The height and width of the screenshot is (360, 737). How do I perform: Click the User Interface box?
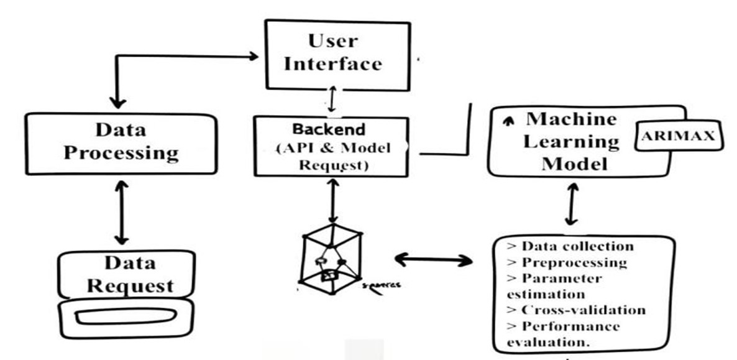coord(337,53)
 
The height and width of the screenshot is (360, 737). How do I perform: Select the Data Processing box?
coord(121,142)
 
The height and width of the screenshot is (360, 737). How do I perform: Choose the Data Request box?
coord(121,275)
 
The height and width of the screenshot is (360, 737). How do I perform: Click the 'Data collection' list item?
coord(570,246)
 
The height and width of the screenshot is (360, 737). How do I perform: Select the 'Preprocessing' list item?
coord(567,262)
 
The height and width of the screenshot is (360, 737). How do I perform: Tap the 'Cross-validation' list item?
coord(576,310)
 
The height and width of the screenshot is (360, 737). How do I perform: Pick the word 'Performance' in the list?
coord(570,326)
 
